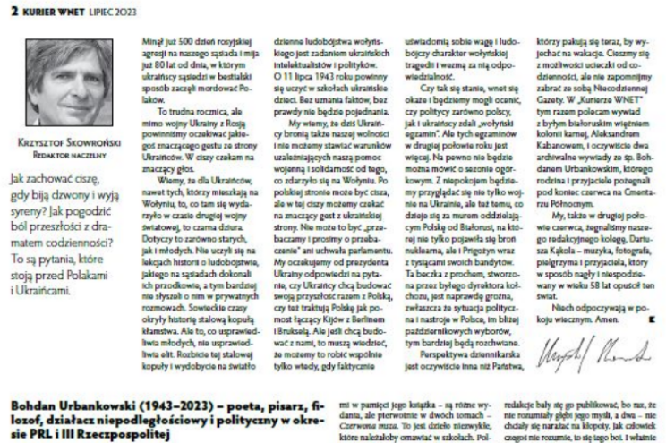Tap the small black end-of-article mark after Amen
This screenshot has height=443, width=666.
650,319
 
